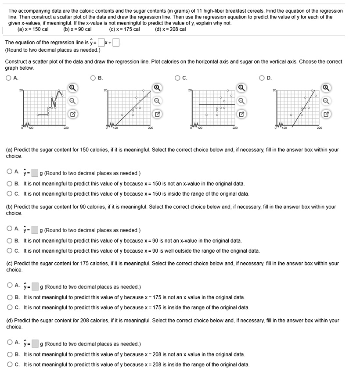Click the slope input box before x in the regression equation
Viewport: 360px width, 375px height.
pyautogui.click(x=101, y=43)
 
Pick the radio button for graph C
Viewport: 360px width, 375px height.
pyautogui.click(x=178, y=79)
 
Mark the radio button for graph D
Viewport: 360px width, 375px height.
pyautogui.click(x=263, y=79)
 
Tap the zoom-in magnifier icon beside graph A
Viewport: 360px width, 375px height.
pyautogui.click(x=72, y=87)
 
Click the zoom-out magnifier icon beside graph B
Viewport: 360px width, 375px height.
pyautogui.click(x=157, y=100)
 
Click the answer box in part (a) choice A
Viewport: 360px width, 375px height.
pyautogui.click(x=35, y=173)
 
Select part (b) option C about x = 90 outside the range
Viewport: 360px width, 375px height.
pyautogui.click(x=10, y=251)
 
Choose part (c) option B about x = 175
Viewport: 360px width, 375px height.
pyautogui.click(x=10, y=297)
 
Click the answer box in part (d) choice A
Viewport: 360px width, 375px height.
pyautogui.click(x=35, y=344)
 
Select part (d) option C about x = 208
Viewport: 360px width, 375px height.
pyautogui.click(x=10, y=364)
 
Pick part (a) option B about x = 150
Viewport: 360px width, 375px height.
pyautogui.click(x=10, y=183)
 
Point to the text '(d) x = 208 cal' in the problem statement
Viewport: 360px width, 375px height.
pyautogui.click(x=170, y=29)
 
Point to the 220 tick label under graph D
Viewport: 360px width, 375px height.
pyautogui.click(x=320, y=128)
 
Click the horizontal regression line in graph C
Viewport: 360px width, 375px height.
pyautogui.click(x=215, y=104)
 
